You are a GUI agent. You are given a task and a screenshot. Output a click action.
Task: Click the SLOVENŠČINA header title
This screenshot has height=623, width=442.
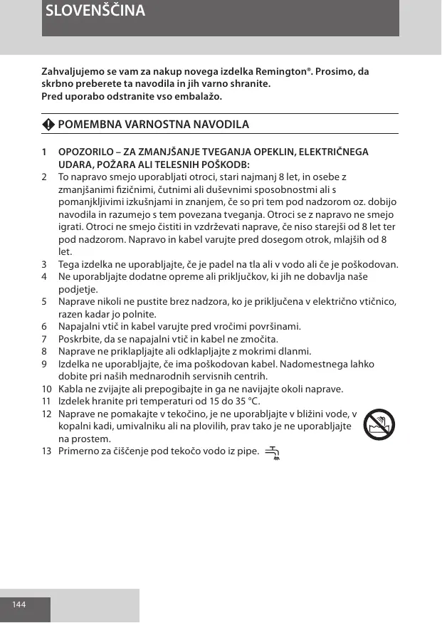pyautogui.click(x=95, y=11)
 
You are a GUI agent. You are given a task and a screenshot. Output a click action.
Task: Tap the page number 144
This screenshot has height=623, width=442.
pyautogui.click(x=19, y=604)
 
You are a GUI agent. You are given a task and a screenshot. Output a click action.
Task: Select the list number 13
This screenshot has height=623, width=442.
pyautogui.click(x=46, y=451)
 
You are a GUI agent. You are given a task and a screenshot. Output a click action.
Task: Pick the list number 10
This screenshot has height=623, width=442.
pyautogui.click(x=46, y=389)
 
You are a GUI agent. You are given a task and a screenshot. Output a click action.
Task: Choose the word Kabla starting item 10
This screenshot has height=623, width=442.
pyautogui.click(x=70, y=389)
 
